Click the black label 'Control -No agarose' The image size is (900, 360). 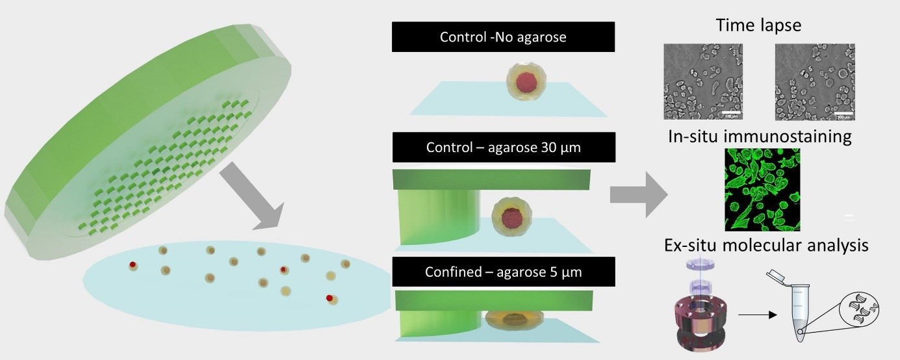503,37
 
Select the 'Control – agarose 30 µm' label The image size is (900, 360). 503,147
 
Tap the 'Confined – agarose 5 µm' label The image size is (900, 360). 503,272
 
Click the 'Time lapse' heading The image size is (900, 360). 758,25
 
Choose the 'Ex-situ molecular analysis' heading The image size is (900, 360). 766,245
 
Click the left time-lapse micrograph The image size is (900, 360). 703,82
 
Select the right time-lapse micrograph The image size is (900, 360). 815,82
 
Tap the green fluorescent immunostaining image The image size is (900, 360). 762,189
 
